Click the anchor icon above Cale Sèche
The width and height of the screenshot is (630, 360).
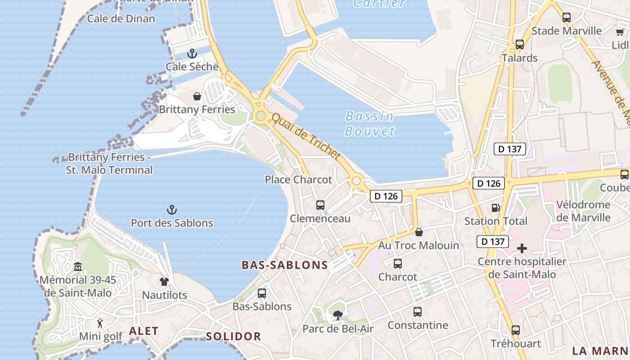(192, 54)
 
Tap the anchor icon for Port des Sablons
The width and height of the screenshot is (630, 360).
(171, 210)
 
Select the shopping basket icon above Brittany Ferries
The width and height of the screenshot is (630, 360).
(197, 96)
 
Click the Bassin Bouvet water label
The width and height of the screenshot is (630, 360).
(369, 124)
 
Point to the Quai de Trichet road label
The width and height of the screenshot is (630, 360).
(306, 136)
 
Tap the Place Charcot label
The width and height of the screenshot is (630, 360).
(298, 180)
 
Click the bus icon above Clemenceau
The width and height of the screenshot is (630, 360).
(320, 205)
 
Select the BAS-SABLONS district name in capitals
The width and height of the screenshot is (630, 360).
(285, 265)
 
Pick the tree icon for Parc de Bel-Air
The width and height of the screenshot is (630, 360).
(337, 315)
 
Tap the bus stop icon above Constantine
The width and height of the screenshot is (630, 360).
(418, 311)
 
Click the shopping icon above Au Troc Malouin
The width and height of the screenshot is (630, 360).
(419, 232)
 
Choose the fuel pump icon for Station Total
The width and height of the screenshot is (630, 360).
(495, 208)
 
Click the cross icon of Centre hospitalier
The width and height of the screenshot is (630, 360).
(522, 248)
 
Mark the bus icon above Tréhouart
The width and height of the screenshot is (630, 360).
(516, 330)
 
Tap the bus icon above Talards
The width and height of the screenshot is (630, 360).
(520, 45)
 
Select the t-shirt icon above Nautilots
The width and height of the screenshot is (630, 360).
(164, 282)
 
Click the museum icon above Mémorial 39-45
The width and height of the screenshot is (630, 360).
(78, 267)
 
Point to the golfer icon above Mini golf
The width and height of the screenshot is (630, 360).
(100, 323)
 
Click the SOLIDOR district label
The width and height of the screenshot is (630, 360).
(233, 336)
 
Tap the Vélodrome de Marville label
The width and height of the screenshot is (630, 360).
(583, 211)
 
